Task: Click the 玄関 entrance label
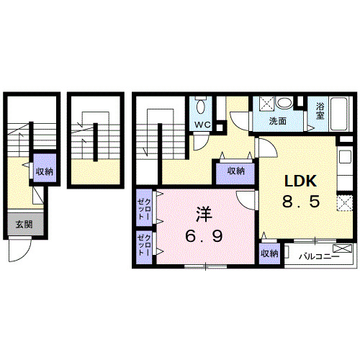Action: coord(23,224)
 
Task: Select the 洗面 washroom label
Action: coord(278,121)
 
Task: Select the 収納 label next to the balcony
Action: coord(269,254)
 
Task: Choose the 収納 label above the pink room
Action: coord(236,171)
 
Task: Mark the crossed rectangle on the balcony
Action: coord(345,249)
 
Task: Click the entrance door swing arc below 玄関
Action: coord(17,252)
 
